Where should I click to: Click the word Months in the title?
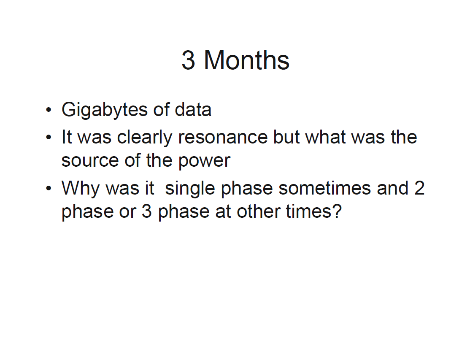[246, 60]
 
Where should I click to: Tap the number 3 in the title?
[188, 60]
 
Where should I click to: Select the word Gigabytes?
[104, 110]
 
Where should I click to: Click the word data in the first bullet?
[193, 109]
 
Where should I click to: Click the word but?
[286, 137]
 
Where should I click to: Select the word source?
[90, 161]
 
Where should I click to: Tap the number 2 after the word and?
[419, 188]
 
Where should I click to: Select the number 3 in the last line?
[146, 211]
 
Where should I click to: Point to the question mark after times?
[337, 211]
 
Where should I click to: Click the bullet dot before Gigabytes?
[49, 110]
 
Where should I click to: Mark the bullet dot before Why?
[49, 189]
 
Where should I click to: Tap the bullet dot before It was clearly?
[49, 138]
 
